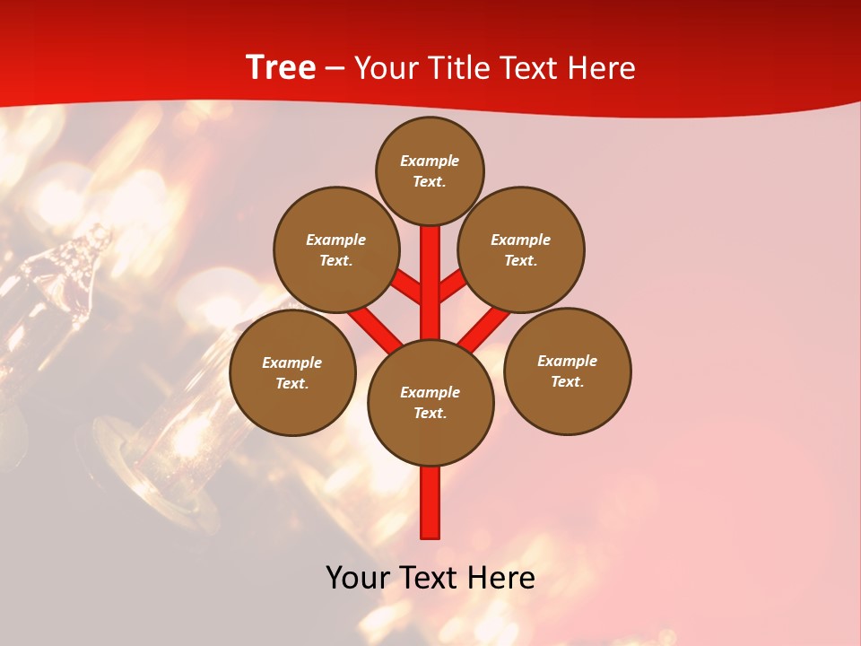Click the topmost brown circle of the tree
point(430,170)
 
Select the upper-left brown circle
point(336,249)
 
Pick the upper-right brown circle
point(521,249)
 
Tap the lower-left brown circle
point(292,372)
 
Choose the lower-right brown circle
point(568,371)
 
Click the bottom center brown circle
point(430,402)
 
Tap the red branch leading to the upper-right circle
point(452,285)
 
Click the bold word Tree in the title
point(281,68)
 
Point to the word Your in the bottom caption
point(358,578)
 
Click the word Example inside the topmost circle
point(430,161)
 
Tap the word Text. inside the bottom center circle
point(430,413)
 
